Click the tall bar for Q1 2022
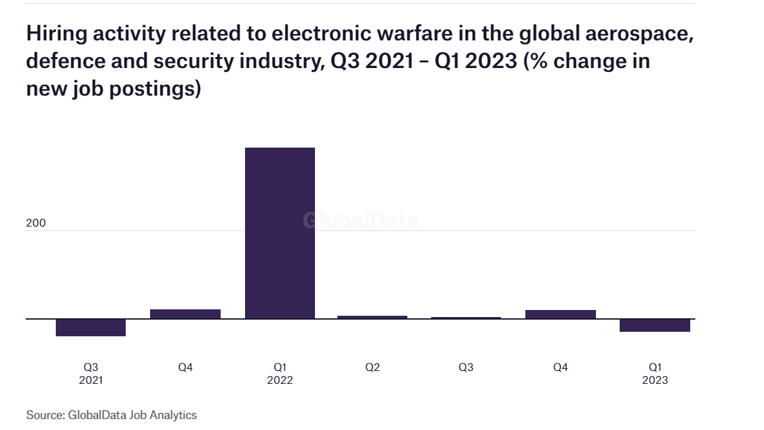pyautogui.click(x=280, y=232)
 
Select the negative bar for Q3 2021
pyautogui.click(x=90, y=327)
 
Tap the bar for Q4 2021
pyautogui.click(x=185, y=314)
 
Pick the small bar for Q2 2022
pyautogui.click(x=372, y=317)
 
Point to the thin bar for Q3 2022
pyautogui.click(x=466, y=318)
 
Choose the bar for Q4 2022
pyautogui.click(x=560, y=314)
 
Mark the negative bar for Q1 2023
pyautogui.click(x=654, y=325)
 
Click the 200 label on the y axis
pyautogui.click(x=36, y=223)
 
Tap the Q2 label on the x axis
pyautogui.click(x=372, y=368)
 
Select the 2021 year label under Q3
pyautogui.click(x=90, y=380)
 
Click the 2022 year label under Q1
pyautogui.click(x=280, y=380)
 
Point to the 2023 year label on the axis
pyautogui.click(x=654, y=380)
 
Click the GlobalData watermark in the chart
pyautogui.click(x=361, y=221)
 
